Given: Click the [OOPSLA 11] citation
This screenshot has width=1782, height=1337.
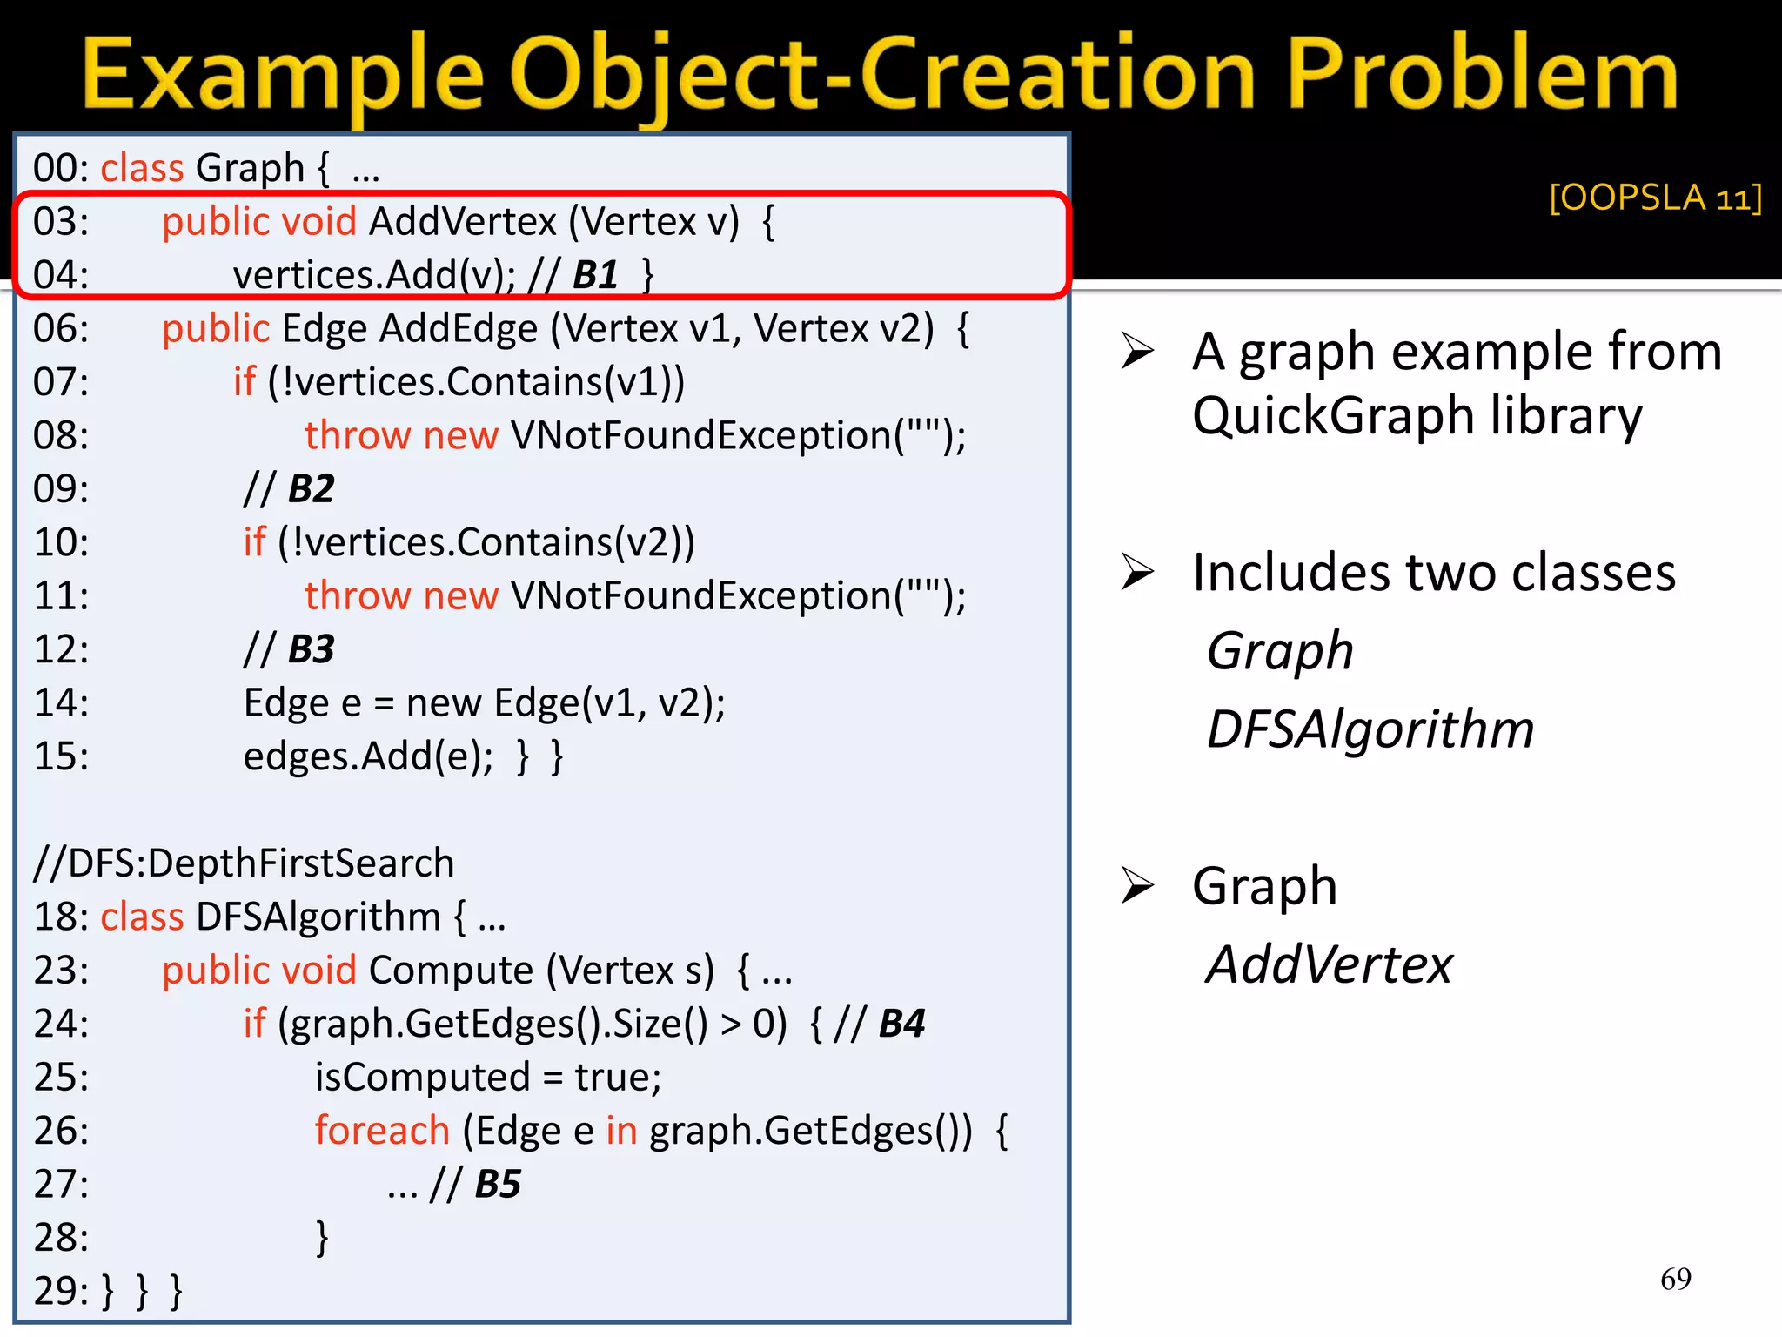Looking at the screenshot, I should pyautogui.click(x=1655, y=198).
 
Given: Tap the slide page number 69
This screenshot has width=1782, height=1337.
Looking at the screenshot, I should pyautogui.click(x=1675, y=1279).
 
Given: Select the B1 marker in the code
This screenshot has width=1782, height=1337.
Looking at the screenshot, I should pyautogui.click(x=596, y=275).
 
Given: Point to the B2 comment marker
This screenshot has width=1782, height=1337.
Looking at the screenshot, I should pyautogui.click(x=311, y=489).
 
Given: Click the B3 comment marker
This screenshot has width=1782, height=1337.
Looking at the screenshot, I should pyautogui.click(x=311, y=649).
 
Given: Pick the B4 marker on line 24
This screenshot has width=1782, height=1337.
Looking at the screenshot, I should pyautogui.click(x=901, y=1024).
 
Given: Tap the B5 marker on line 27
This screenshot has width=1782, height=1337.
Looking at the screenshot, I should pyautogui.click(x=498, y=1184).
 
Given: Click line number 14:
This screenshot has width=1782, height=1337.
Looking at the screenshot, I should pyautogui.click(x=61, y=703).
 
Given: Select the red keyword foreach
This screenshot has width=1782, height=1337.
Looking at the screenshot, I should pyautogui.click(x=382, y=1131).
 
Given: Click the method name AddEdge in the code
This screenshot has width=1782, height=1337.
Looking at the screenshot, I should pyautogui.click(x=459, y=329).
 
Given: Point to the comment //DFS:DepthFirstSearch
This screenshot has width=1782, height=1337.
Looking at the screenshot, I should pyautogui.click(x=244, y=863).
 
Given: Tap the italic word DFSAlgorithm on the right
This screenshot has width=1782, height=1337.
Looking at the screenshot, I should pyautogui.click(x=1370, y=729).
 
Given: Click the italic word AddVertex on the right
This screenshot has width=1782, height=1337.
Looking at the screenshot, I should pyautogui.click(x=1330, y=964).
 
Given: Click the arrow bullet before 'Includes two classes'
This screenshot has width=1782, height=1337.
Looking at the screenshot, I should pyautogui.click(x=1137, y=572).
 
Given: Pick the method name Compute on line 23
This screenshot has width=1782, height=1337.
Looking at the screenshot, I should pyautogui.click(x=451, y=971).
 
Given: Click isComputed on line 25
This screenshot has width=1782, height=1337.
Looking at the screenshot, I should pyautogui.click(x=422, y=1078).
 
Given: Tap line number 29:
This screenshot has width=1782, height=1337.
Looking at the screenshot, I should pyautogui.click(x=61, y=1291).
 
